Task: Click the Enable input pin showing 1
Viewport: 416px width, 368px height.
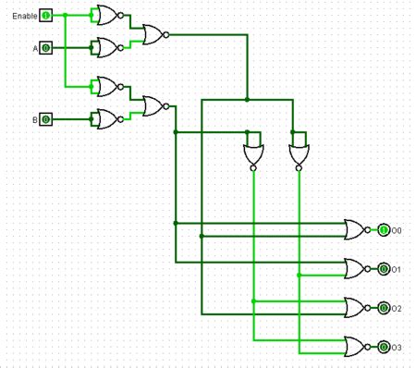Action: pos(45,16)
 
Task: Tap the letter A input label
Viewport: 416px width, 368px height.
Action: pos(34,46)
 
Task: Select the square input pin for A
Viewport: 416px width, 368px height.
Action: pos(45,46)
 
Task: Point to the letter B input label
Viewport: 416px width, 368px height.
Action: pos(35,119)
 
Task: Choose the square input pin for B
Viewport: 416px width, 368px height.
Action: pos(45,119)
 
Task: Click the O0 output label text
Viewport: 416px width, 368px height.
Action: pos(397,230)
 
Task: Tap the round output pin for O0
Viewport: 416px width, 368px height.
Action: pos(384,230)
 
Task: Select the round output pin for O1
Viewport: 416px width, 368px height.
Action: pos(384,269)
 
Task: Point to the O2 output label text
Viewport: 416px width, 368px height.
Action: pos(397,308)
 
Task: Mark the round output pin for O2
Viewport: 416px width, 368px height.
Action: pos(384,308)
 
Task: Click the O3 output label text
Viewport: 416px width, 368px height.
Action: pos(397,347)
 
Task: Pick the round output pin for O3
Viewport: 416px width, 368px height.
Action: pos(384,347)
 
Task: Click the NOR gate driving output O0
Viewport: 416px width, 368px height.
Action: pos(355,230)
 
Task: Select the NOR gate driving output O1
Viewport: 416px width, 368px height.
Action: pos(355,269)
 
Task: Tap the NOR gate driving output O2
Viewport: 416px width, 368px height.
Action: pos(355,308)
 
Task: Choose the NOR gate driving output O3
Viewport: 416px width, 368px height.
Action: pos(355,347)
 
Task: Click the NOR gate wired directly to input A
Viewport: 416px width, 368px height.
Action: pos(106,46)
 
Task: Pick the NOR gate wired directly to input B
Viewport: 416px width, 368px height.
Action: pos(106,119)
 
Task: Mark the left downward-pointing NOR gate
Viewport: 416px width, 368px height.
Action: pos(252,155)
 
